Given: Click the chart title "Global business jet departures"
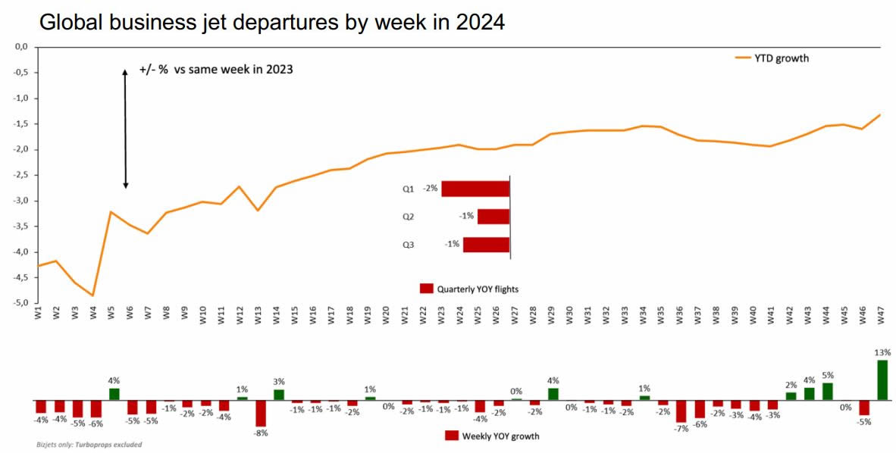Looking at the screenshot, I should [x=271, y=23].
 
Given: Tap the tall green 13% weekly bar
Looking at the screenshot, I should [x=882, y=380].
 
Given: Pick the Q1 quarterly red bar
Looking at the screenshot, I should [x=475, y=189].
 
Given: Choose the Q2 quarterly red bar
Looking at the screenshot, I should [x=493, y=216].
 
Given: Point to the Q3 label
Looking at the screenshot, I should [x=409, y=245].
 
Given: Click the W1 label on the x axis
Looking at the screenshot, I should [x=37, y=314].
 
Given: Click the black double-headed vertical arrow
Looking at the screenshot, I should [x=126, y=129].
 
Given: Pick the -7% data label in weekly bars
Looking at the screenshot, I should [x=680, y=428].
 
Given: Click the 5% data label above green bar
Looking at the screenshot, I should [x=827, y=375].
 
